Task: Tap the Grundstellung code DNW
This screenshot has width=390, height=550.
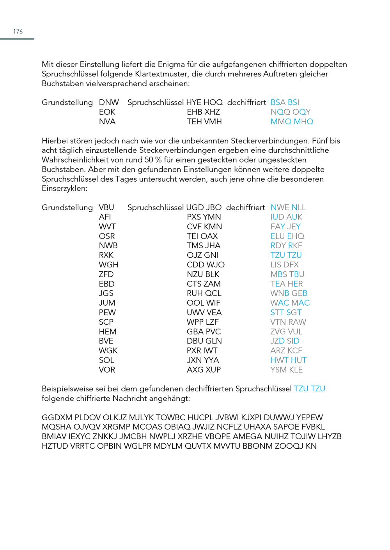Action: (109, 103)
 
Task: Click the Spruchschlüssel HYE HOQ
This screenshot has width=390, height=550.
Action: (204, 103)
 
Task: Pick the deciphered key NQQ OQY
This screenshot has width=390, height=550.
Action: (291, 112)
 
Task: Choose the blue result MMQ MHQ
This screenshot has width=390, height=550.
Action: (292, 122)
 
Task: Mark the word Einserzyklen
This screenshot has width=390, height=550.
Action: (64, 189)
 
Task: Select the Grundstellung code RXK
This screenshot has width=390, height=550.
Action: (106, 255)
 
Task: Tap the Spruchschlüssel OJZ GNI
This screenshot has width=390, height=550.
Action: (203, 255)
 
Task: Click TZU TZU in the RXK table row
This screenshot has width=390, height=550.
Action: (286, 255)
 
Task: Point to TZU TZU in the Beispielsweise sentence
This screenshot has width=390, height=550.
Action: (310, 389)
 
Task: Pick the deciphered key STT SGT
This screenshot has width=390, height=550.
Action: (286, 313)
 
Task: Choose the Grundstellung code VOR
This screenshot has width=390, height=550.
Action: (107, 370)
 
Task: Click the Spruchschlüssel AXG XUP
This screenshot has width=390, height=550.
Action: (204, 370)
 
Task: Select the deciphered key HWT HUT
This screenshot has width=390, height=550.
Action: (289, 361)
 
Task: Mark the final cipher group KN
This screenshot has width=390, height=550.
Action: (311, 446)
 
